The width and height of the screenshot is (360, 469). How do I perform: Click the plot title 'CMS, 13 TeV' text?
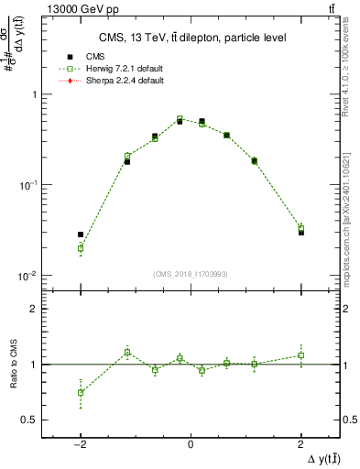point(190,38)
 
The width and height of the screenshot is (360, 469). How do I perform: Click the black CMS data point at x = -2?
point(81,234)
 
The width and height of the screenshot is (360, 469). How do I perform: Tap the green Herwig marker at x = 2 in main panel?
point(300,228)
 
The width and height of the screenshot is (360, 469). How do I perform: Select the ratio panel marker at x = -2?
point(81,392)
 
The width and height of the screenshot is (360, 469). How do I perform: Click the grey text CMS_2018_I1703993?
point(191,274)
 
